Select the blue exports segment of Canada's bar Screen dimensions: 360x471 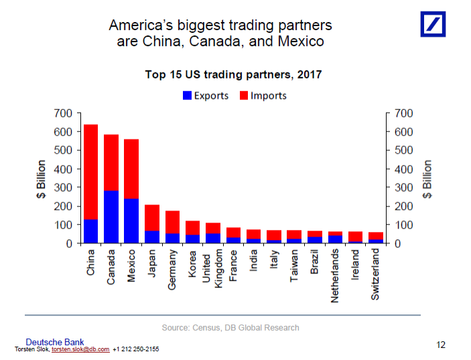[111, 217]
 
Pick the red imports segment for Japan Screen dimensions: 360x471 [152, 217]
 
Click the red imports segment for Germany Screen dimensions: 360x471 [173, 222]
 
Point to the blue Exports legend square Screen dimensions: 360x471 [187, 96]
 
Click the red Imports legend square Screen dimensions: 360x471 [244, 96]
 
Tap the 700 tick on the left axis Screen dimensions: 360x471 [64, 113]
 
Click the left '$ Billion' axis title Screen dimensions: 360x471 [42, 178]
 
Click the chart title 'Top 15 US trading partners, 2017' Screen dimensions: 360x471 [233, 74]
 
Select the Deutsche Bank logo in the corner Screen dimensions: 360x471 [433, 24]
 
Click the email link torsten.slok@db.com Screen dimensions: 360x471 [80, 349]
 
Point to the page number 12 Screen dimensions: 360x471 [440, 345]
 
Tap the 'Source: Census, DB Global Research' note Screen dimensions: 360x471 [230, 327]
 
